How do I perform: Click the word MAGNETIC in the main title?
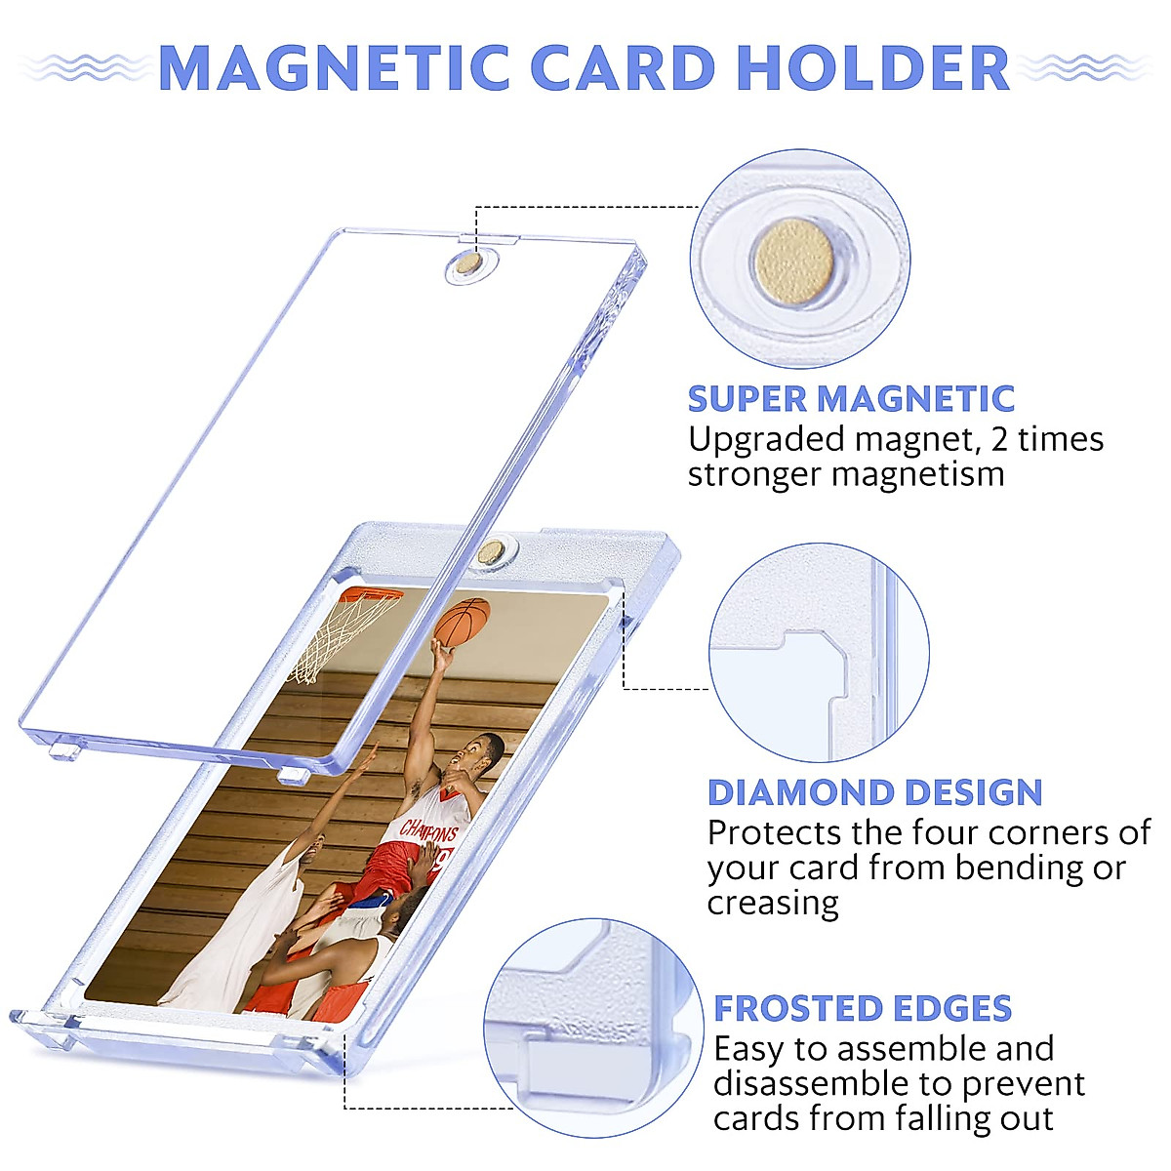(x=334, y=68)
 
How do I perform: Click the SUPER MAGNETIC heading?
(x=851, y=399)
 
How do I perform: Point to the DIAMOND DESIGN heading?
(x=875, y=792)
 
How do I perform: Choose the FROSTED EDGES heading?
(x=863, y=1008)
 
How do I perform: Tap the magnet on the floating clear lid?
(x=468, y=263)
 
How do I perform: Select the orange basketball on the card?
(x=463, y=623)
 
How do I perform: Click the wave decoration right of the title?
(x=1085, y=66)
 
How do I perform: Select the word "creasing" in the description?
(x=773, y=903)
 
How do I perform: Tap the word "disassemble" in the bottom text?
(x=812, y=1083)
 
